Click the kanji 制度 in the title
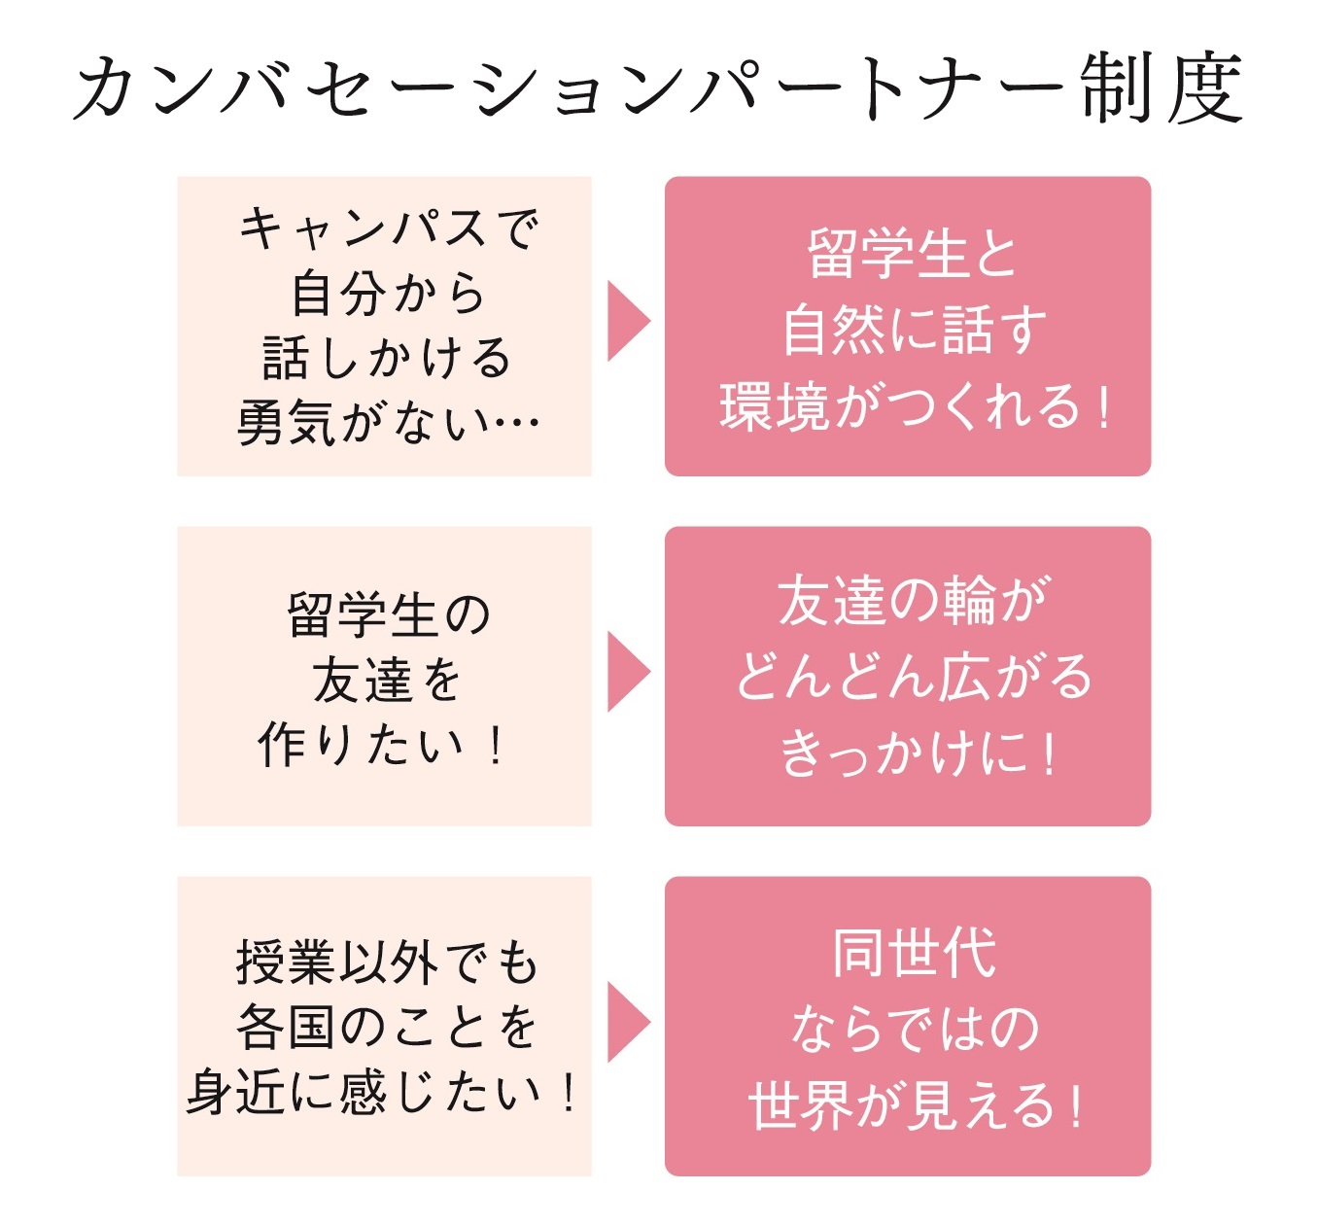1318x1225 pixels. click(1162, 87)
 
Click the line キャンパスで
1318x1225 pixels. click(389, 229)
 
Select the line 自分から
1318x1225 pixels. click(389, 293)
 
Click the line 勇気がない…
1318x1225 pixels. click(389, 422)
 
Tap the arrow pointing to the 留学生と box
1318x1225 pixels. click(629, 321)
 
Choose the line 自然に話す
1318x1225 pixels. click(915, 330)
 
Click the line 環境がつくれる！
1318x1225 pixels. click(915, 405)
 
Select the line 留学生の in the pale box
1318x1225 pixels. click(389, 615)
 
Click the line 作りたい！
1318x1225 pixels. click(381, 745)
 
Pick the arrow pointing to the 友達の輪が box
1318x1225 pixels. click(629, 671)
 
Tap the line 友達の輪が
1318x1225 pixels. click(915, 601)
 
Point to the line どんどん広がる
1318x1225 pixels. click(915, 677)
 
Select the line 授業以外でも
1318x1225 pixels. click(387, 962)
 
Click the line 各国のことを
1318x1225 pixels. click(387, 1027)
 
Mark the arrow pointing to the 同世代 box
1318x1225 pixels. click(629, 1022)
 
